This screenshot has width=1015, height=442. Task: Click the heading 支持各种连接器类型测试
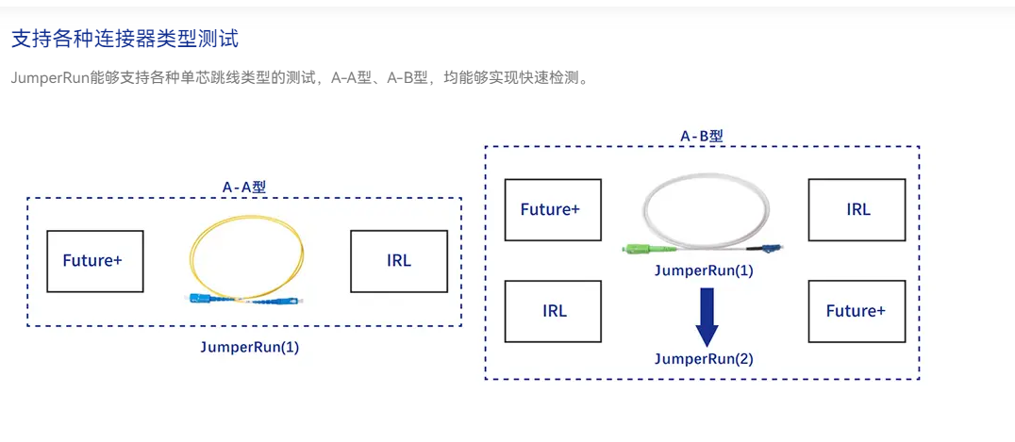click(x=125, y=40)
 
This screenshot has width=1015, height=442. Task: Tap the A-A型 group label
click(x=244, y=188)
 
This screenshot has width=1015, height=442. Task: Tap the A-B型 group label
click(x=702, y=137)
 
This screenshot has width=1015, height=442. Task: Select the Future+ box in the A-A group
click(x=95, y=261)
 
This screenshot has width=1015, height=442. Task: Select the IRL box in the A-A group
click(x=399, y=261)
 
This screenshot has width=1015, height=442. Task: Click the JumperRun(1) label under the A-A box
click(x=250, y=347)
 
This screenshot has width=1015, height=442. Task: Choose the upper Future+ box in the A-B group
click(x=553, y=209)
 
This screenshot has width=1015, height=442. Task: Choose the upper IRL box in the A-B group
click(x=857, y=209)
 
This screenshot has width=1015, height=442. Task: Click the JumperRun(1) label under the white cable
click(x=704, y=270)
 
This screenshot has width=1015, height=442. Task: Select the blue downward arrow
click(x=707, y=317)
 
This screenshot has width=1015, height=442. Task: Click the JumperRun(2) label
click(x=704, y=358)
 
